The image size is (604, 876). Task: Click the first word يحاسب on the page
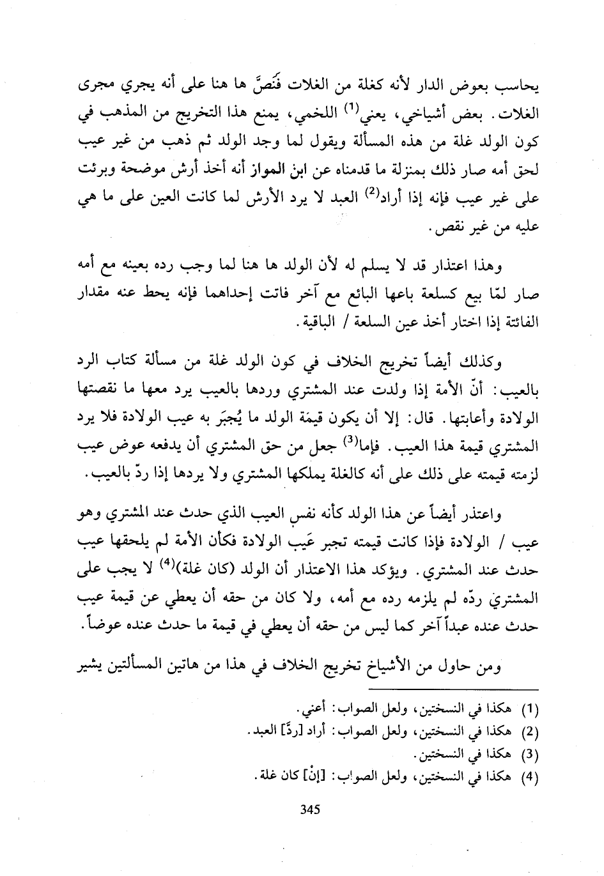[515, 89]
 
